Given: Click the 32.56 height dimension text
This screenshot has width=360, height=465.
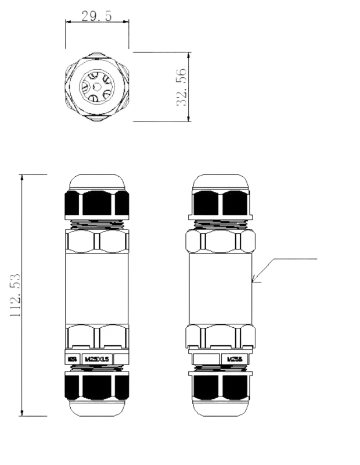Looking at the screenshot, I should (181, 87).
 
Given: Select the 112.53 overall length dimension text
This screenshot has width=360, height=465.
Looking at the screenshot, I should (16, 295).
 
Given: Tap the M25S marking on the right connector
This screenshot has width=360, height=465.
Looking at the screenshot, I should (235, 359).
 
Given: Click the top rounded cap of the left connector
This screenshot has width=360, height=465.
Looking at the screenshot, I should (98, 182).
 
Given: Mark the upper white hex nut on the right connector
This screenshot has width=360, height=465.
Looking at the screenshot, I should (221, 241).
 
